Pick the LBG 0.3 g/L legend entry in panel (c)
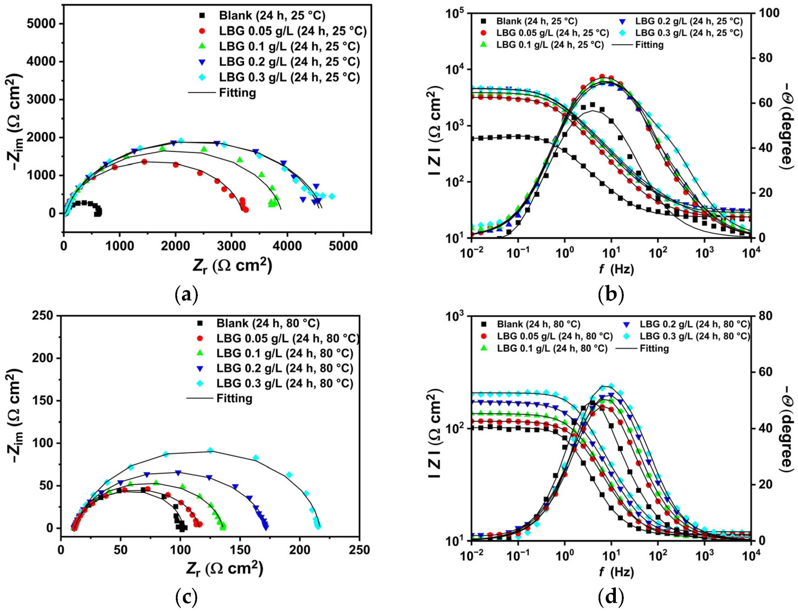click(285, 383)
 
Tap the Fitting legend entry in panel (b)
click(649, 45)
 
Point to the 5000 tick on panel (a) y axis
click(41, 24)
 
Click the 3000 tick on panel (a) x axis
click(231, 246)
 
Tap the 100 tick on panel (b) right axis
click(769, 13)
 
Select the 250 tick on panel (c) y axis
click(42, 315)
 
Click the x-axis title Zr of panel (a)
click(232, 266)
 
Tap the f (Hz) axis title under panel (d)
click(616, 572)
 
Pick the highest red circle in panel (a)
click(144, 162)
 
